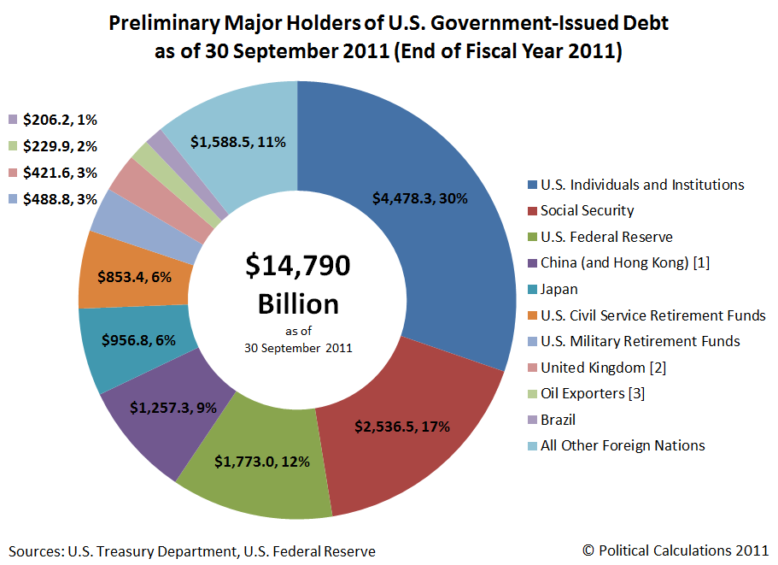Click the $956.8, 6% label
(x=138, y=340)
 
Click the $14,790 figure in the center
(x=297, y=267)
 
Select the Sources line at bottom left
(x=192, y=551)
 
